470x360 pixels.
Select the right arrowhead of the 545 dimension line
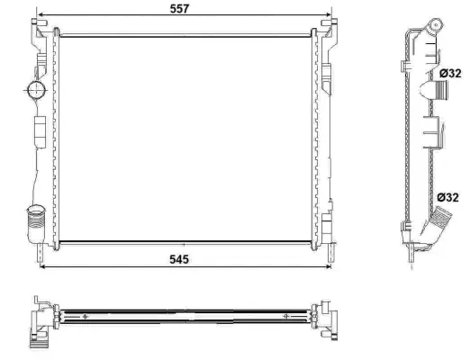[x=320, y=266]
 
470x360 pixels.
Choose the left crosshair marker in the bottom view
[x=85, y=317]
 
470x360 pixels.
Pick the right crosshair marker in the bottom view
[x=289, y=317]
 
